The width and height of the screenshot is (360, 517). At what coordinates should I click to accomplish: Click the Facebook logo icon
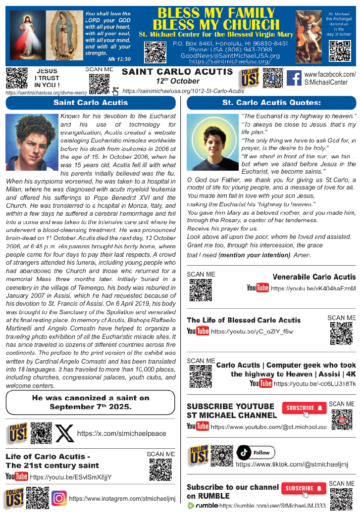coord(294,78)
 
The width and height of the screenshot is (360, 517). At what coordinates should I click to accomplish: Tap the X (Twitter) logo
coord(65,434)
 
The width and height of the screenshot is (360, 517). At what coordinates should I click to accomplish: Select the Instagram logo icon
coord(59,498)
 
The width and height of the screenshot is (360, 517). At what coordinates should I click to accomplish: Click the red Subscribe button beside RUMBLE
coord(304,488)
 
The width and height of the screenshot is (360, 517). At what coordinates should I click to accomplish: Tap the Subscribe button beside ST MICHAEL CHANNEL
coord(304,408)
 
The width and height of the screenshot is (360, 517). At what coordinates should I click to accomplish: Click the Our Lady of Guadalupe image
coord(64,37)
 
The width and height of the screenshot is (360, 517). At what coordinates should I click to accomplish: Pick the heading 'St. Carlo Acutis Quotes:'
coord(271,103)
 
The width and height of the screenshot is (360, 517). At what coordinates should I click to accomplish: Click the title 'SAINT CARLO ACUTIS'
coord(177,72)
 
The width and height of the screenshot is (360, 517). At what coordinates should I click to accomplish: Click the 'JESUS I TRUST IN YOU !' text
coord(48,78)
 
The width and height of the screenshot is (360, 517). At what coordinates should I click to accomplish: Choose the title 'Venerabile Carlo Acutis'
coord(314,277)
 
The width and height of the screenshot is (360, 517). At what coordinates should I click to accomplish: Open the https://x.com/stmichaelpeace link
coord(122,434)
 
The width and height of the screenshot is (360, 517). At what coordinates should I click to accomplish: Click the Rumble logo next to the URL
coord(203,506)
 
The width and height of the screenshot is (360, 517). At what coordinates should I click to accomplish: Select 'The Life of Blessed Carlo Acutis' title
coord(244,320)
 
